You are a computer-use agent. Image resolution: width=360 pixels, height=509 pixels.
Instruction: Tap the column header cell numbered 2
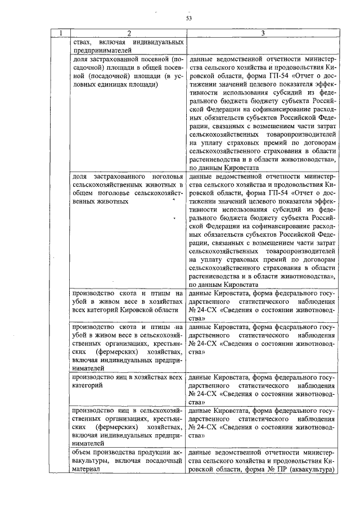[x=129, y=34]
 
